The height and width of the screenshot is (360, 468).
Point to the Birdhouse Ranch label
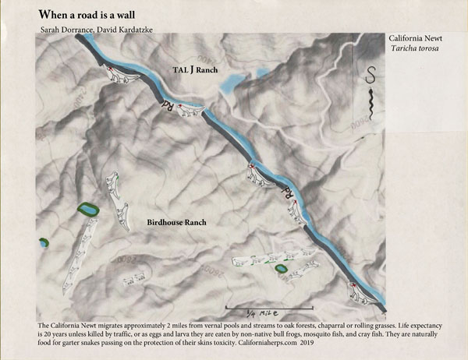(176, 222)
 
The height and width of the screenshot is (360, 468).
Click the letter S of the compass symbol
(370, 76)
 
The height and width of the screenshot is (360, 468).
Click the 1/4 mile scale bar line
(269, 298)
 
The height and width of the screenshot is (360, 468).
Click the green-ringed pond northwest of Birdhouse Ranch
(87, 210)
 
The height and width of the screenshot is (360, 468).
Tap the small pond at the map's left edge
(42, 242)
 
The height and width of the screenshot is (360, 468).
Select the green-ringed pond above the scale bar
(281, 269)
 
